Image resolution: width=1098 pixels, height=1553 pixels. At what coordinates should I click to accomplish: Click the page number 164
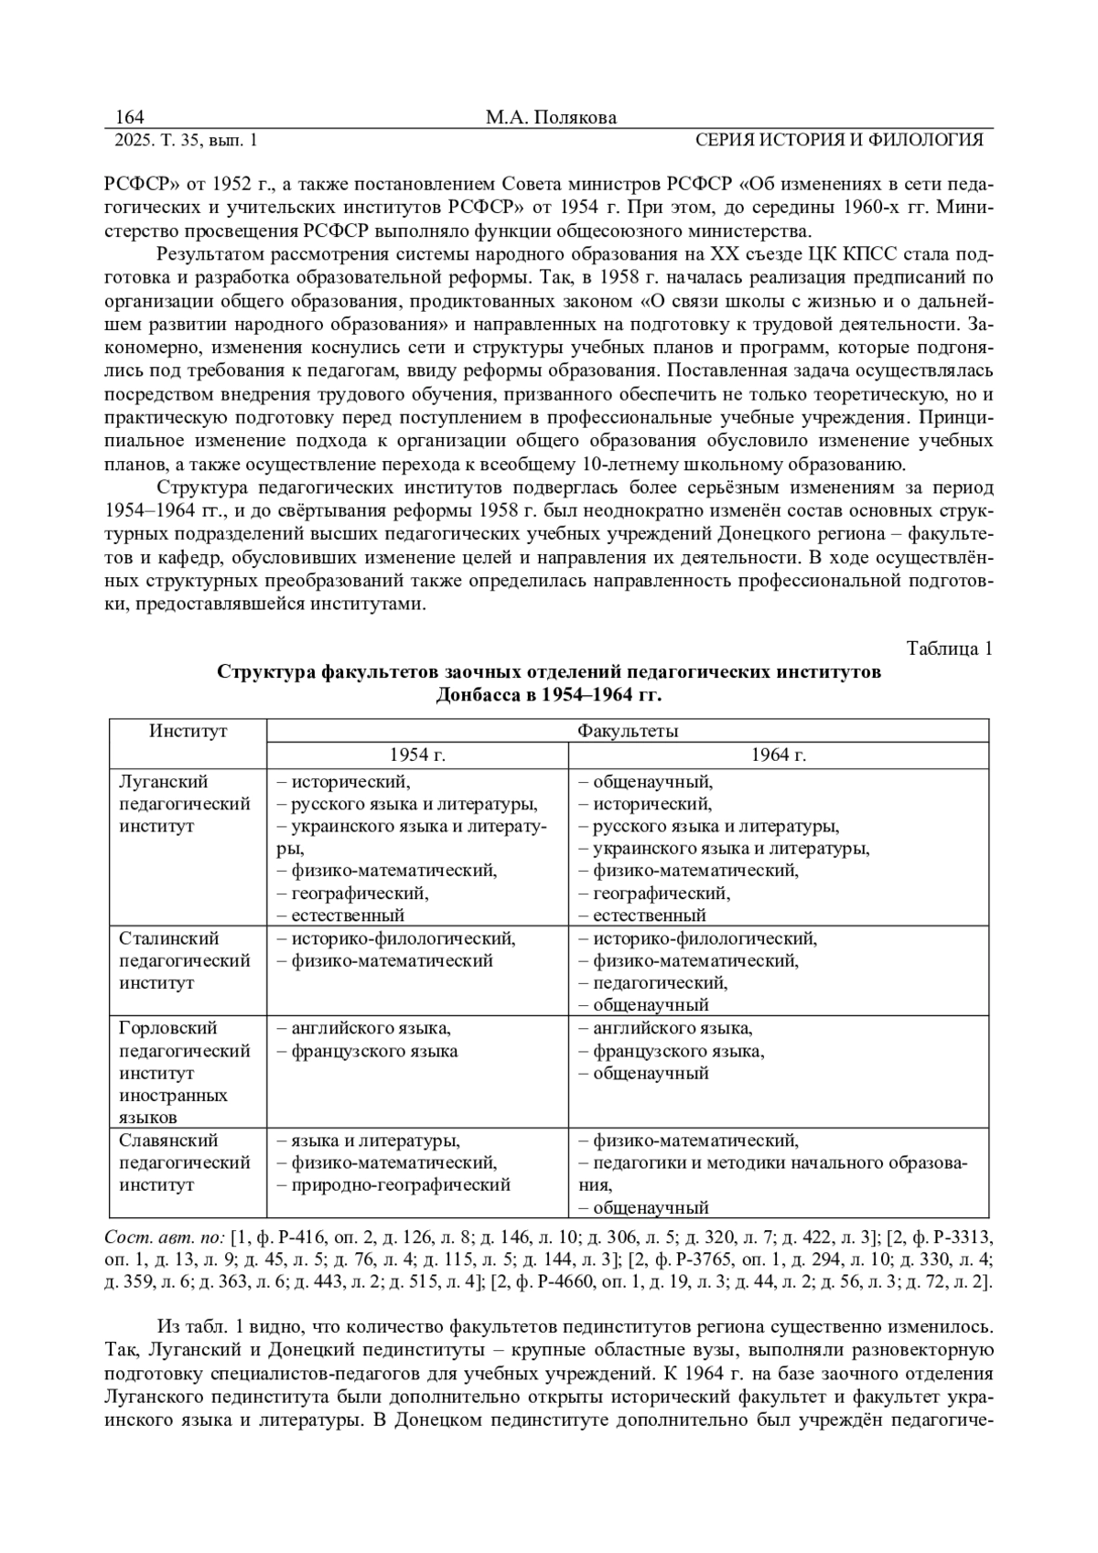(x=130, y=117)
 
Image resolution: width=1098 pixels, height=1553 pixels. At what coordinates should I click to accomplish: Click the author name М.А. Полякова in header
(x=551, y=117)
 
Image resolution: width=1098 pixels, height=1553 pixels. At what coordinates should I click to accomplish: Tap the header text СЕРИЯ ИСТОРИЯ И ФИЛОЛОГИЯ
(x=839, y=140)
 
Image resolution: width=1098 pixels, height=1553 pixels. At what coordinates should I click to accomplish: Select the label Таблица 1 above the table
(x=949, y=648)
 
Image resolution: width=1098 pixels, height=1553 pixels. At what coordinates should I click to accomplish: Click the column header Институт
(x=188, y=731)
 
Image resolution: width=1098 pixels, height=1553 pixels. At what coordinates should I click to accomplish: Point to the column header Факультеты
(x=628, y=731)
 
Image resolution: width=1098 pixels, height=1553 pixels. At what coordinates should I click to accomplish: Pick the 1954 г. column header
(x=417, y=755)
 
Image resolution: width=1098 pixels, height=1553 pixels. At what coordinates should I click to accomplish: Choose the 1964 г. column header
(x=779, y=755)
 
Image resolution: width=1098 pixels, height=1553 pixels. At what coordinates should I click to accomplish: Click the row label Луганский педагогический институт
(x=185, y=804)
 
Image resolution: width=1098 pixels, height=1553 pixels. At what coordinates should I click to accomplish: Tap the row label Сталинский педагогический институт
(x=185, y=960)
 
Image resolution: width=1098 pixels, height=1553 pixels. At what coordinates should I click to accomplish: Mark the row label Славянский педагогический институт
(x=185, y=1162)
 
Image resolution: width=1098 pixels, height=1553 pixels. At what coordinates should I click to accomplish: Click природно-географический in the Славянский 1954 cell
(x=400, y=1184)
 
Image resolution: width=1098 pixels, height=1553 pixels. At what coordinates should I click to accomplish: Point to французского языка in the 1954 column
(x=374, y=1051)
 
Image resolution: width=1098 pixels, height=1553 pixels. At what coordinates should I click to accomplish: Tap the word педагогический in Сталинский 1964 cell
(x=659, y=983)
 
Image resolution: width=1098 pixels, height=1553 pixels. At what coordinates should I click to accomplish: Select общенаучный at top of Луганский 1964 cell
(x=651, y=782)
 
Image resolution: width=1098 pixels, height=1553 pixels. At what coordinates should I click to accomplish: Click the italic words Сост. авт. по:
(x=166, y=1237)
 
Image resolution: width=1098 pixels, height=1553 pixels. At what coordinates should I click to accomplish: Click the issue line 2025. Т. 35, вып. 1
(x=186, y=140)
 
